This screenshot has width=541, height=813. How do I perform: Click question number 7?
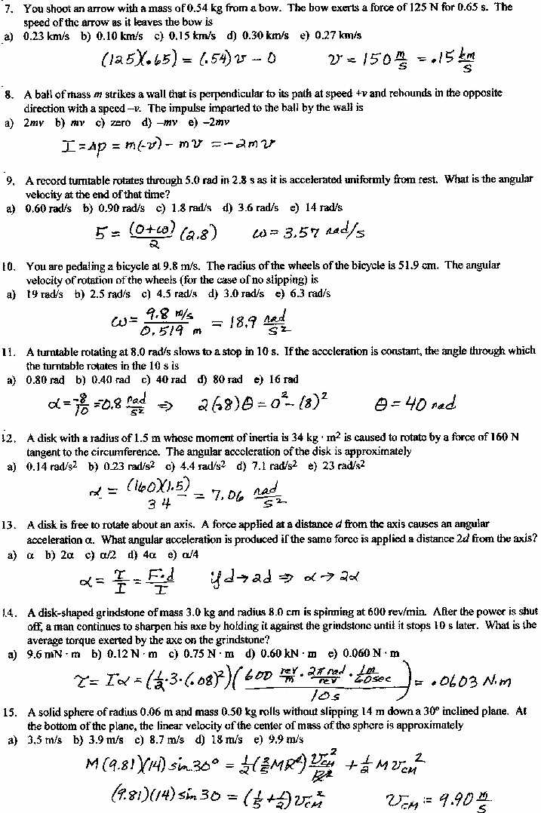(x=9, y=8)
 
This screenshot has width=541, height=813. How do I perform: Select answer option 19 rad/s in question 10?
(x=45, y=293)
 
